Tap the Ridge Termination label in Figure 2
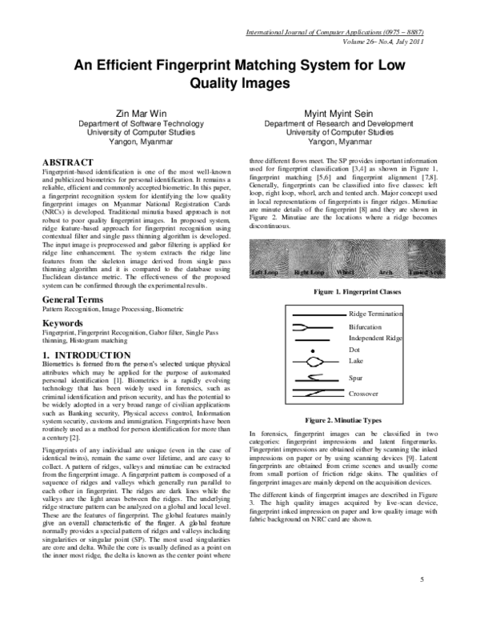382,315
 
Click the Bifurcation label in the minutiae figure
370,327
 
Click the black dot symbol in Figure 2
314,351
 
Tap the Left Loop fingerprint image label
266,272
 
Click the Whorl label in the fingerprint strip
346,272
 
